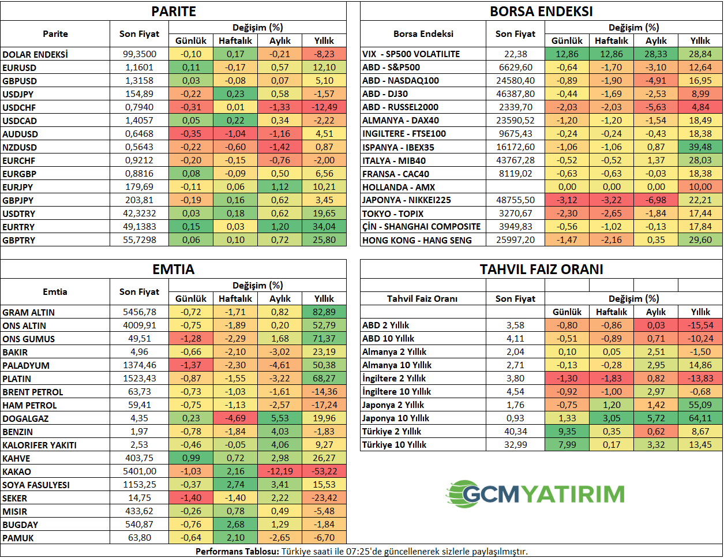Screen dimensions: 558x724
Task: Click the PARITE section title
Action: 173,12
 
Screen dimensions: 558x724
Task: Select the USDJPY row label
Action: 18,94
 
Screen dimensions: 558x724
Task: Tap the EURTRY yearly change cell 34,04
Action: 324,227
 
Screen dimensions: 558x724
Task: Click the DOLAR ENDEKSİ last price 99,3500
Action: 140,54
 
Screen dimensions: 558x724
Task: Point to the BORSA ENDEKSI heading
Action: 541,12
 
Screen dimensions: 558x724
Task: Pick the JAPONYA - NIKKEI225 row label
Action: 407,200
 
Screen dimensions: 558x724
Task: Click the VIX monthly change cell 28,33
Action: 656,54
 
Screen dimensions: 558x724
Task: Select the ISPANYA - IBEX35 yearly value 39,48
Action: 700,147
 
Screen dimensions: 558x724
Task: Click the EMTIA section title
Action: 173,269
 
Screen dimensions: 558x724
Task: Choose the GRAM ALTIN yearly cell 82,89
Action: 324,312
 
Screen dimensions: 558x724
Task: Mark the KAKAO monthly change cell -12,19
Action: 280,471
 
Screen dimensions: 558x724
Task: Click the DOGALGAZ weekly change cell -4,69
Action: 235,418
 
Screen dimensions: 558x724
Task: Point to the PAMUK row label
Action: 18,538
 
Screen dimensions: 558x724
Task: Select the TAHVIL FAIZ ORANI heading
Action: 541,269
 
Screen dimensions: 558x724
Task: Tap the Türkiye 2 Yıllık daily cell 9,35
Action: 567,432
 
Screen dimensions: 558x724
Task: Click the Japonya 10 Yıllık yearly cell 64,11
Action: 700,418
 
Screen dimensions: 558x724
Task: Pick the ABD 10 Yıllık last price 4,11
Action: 515,339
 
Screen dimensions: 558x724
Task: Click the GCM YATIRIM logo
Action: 535,494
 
